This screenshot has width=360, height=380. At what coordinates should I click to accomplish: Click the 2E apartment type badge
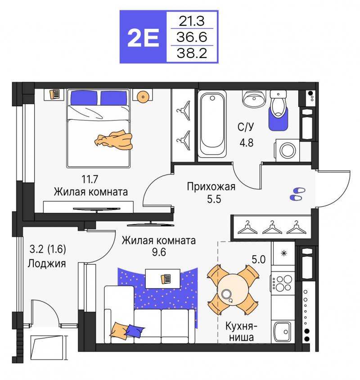[x=143, y=37]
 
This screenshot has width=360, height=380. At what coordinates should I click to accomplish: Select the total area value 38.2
[x=192, y=53]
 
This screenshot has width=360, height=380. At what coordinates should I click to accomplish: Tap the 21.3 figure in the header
[x=192, y=21]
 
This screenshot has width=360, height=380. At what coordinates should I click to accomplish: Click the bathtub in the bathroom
[x=212, y=124]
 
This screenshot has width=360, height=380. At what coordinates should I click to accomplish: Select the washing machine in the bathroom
[x=288, y=150]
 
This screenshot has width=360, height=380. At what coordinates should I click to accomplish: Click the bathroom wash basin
[x=254, y=99]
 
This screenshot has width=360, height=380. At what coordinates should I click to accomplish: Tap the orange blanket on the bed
[x=113, y=140]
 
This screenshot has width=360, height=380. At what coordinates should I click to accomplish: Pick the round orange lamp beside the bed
[x=143, y=97]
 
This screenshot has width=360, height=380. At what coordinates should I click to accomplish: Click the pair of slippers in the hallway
[x=297, y=194]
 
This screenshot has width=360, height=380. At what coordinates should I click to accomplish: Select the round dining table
[x=233, y=290]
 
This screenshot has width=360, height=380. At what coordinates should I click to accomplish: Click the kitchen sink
[x=283, y=332]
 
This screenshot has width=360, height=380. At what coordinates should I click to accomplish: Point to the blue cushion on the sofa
[x=134, y=330]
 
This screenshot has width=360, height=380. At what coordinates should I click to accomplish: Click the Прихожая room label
[x=211, y=187]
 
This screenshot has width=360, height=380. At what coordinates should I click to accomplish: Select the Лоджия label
[x=46, y=263]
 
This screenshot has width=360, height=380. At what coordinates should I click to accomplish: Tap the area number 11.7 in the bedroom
[x=90, y=179]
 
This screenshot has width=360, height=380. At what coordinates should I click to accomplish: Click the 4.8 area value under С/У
[x=247, y=143]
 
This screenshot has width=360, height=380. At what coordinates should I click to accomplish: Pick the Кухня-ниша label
[x=241, y=331]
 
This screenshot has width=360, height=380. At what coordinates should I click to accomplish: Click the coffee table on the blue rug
[x=163, y=278]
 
